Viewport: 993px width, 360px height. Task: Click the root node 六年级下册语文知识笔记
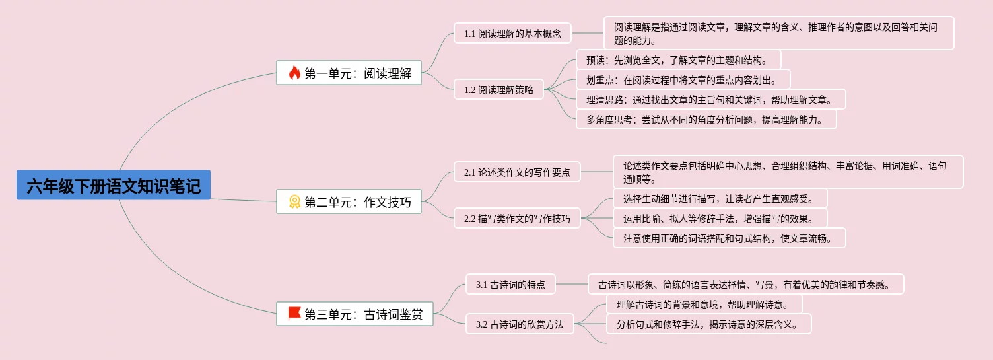(114, 186)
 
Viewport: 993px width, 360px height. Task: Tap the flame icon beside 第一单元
(294, 73)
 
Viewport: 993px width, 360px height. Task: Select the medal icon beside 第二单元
(294, 202)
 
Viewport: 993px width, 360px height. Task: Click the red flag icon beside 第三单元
(294, 314)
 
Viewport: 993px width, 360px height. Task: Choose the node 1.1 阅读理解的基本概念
(512, 33)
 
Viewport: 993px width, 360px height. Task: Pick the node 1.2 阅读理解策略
(498, 90)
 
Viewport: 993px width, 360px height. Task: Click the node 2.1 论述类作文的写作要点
(517, 172)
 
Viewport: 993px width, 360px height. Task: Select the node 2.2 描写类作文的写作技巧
(517, 219)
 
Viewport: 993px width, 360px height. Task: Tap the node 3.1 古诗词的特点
(510, 285)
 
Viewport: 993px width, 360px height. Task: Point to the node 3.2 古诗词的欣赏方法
(520, 324)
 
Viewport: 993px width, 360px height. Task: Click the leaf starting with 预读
(678, 60)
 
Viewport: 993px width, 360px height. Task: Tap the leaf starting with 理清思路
(710, 100)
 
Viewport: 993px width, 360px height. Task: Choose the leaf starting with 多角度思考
(706, 120)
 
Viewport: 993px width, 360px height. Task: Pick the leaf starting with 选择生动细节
(720, 199)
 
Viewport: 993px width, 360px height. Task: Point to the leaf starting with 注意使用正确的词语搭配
(729, 238)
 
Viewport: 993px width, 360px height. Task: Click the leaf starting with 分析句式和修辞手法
(708, 324)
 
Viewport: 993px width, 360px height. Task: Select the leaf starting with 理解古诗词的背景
(704, 305)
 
